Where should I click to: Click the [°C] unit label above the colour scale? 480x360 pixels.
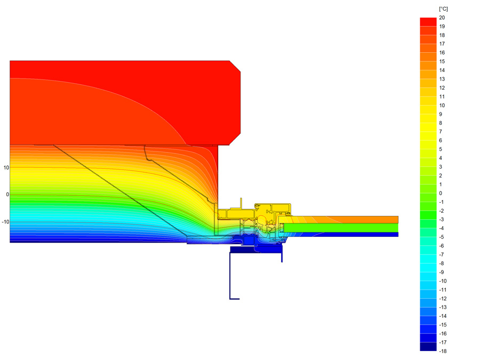pyautogui.click(x=443, y=9)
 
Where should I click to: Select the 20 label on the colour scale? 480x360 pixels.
pyautogui.click(x=442, y=18)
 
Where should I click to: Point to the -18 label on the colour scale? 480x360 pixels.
pyautogui.click(x=443, y=351)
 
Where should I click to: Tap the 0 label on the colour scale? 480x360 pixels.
pyautogui.click(x=441, y=193)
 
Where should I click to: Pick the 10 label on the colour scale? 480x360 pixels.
pyautogui.click(x=442, y=105)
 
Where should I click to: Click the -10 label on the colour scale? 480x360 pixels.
pyautogui.click(x=443, y=281)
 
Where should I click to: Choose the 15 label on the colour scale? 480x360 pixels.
pyautogui.click(x=442, y=61)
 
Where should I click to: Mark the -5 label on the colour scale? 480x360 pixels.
pyautogui.click(x=442, y=237)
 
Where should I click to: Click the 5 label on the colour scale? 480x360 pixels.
pyautogui.click(x=441, y=149)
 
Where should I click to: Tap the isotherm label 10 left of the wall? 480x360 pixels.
pyautogui.click(x=6, y=168)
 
